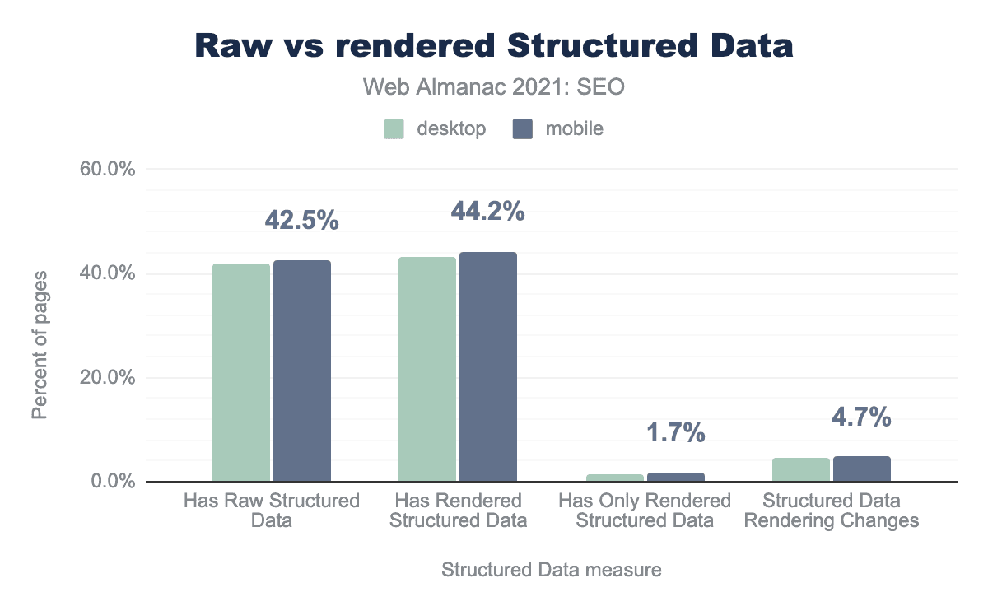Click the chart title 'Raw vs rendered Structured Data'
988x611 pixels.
(494, 45)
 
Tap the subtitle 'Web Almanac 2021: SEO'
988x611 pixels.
(494, 87)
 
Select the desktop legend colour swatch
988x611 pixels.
(394, 128)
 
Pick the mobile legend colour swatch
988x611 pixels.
(523, 128)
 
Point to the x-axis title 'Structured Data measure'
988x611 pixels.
(552, 570)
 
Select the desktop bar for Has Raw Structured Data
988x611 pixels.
(241, 372)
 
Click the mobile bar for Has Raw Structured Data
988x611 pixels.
(302, 371)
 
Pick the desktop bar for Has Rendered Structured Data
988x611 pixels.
(427, 369)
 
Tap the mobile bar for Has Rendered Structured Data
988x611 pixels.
(488, 366)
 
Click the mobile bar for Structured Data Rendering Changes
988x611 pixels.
(862, 469)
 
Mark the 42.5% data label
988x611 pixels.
(302, 220)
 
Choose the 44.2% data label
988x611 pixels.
(488, 212)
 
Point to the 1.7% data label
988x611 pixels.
(675, 433)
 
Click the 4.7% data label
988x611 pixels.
(861, 417)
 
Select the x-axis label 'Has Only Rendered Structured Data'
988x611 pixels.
(644, 511)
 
